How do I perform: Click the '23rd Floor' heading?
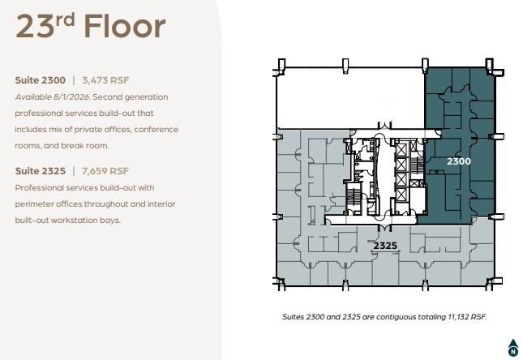point(90,26)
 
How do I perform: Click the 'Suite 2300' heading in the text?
point(41,80)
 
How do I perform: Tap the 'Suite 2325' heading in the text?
point(41,171)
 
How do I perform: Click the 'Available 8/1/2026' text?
point(52,96)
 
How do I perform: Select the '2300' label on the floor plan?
point(459,161)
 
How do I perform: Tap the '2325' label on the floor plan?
point(384,245)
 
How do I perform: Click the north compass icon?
point(512,348)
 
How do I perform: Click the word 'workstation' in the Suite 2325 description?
point(79,220)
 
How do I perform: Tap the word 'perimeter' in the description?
point(35,204)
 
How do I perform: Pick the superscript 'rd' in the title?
point(66,18)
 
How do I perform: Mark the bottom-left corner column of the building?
point(280,283)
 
